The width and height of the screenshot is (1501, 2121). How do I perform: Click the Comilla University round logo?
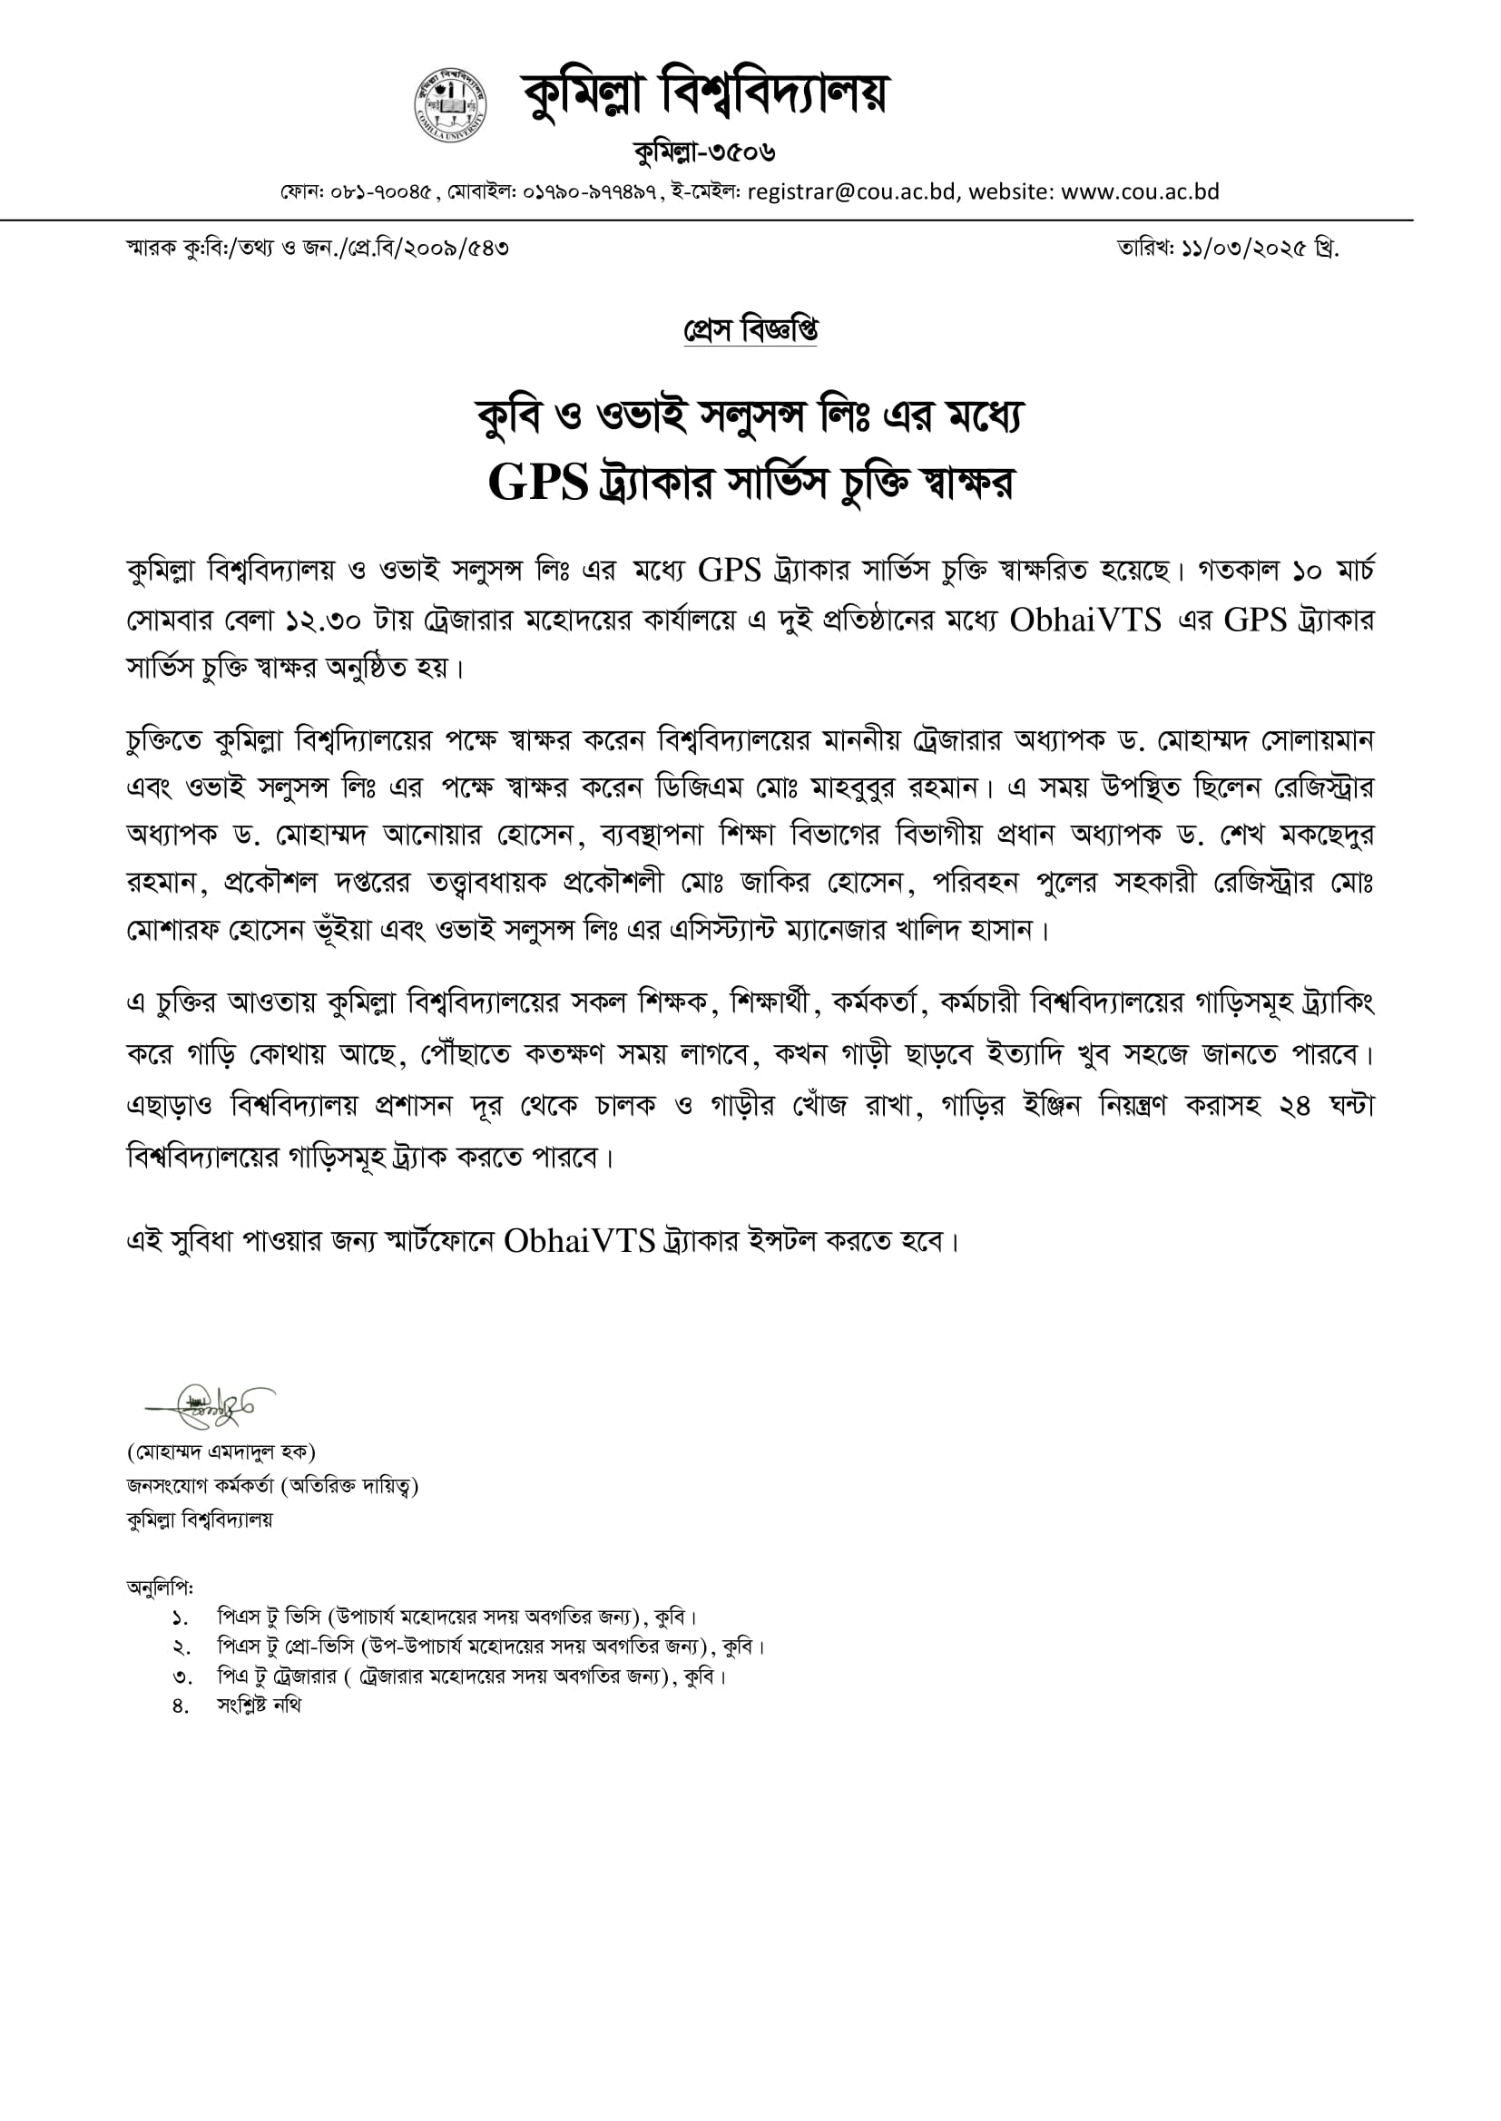point(450,104)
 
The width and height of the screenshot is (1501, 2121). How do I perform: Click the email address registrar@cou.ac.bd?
point(850,192)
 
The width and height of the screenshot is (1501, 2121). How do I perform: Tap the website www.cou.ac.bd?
point(1140,192)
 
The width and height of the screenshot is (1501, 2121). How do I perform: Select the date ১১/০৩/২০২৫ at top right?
point(1243,249)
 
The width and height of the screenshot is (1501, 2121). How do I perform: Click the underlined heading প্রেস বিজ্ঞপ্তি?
point(750,330)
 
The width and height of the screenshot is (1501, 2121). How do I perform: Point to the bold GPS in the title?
point(538,483)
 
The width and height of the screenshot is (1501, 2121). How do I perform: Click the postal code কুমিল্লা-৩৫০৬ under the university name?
point(704,151)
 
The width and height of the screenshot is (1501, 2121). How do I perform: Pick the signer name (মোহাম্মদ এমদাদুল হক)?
point(221,1451)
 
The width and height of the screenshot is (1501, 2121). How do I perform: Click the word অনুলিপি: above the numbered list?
point(160,1587)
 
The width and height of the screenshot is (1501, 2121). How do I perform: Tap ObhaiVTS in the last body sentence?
point(580,1241)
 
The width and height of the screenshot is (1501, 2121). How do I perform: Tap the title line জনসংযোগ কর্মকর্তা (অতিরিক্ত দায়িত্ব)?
point(271,1485)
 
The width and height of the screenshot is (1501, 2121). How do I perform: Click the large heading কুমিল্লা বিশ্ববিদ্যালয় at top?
point(703,95)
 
